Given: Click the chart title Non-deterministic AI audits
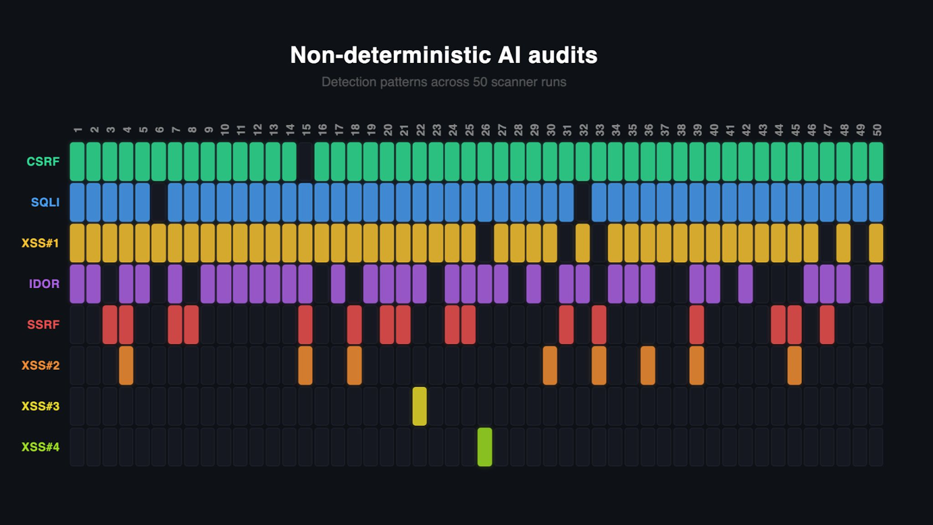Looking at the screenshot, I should (x=444, y=55).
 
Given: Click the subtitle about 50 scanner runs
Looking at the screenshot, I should (x=444, y=82).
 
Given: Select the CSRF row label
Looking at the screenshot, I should (x=43, y=162).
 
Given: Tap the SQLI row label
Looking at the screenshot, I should (x=45, y=202).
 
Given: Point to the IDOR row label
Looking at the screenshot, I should (x=44, y=284).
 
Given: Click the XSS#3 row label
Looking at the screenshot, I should (x=40, y=407).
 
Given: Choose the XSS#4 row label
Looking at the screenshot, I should (x=40, y=447).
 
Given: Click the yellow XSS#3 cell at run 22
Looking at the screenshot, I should (x=419, y=407).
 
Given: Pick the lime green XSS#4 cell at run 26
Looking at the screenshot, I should (x=485, y=447).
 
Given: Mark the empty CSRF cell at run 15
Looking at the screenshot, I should (x=306, y=162).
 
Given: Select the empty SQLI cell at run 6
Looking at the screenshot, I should (x=159, y=202).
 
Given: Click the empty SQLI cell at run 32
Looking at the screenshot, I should (x=583, y=202).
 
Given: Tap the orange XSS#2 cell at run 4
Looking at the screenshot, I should (x=126, y=366).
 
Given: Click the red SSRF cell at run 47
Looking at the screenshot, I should (x=827, y=325).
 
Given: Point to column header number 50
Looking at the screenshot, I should (x=876, y=129).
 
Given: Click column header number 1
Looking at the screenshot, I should (x=78, y=129).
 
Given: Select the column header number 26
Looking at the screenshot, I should (x=485, y=129).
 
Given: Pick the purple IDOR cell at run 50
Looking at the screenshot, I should (x=876, y=284).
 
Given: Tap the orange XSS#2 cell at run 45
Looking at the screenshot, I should (x=794, y=366).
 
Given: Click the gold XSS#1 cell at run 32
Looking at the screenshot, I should (x=583, y=243).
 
